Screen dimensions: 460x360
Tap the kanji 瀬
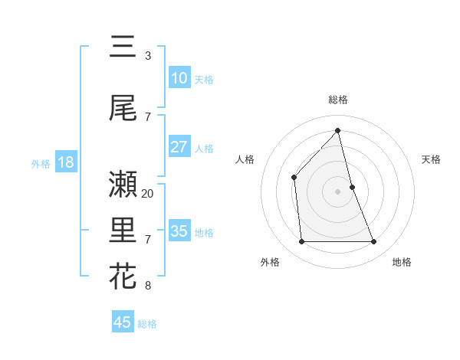123,184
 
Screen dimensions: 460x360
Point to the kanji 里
123,230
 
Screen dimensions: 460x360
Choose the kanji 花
123,276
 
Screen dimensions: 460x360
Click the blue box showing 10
179,78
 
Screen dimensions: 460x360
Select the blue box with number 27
179,147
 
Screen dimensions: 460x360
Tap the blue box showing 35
179,231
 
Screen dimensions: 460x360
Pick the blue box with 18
65,162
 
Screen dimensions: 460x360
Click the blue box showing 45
123,322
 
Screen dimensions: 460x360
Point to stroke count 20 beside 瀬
148,193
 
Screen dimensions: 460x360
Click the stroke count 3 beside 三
148,56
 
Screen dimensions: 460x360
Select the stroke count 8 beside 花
148,286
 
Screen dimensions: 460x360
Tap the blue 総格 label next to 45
147,324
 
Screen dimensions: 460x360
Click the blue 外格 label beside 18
41,164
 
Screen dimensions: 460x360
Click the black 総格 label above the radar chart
338,100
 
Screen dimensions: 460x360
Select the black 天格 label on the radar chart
432,159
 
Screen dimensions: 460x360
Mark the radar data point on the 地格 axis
374,242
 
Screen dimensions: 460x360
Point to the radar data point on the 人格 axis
294,178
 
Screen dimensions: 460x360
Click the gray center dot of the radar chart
338,191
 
